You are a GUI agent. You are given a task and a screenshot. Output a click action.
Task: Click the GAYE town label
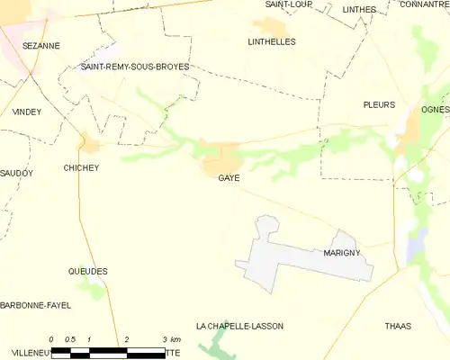[228, 178]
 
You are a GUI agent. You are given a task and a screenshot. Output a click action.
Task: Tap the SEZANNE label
[40, 44]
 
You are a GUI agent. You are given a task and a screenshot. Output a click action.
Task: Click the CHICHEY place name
[81, 167]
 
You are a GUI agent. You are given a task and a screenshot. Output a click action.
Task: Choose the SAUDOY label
[15, 172]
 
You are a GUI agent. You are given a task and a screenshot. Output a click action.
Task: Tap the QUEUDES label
[88, 271]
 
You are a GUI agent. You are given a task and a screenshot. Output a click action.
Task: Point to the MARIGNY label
[342, 253]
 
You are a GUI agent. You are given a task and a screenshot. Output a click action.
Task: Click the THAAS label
[397, 325]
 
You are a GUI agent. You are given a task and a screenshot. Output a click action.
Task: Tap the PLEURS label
[379, 104]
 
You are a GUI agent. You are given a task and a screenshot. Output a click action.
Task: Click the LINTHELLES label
[271, 41]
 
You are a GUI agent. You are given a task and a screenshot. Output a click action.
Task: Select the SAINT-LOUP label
[282, 4]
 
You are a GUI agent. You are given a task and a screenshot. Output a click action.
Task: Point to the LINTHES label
[359, 9]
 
